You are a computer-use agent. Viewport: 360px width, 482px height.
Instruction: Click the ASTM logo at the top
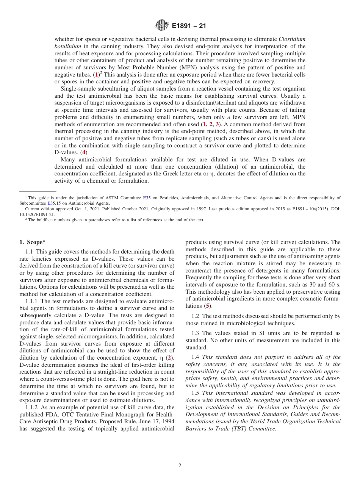(x=162, y=26)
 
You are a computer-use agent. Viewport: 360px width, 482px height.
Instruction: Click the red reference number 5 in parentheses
(x=207, y=306)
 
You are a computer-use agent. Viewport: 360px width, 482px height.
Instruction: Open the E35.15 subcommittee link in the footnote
(x=54, y=203)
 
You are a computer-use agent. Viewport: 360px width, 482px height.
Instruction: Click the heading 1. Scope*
(x=34, y=242)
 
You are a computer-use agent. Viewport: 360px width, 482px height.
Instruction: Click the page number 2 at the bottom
(x=180, y=466)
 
